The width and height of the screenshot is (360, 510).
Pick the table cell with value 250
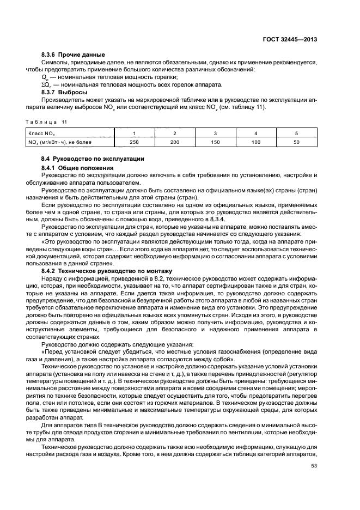pos(134,142)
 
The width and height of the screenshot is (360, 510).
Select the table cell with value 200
pos(175,142)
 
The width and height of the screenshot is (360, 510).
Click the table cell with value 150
pos(215,142)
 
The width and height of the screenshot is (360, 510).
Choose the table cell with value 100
pos(256,142)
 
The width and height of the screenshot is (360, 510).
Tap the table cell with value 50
pos(296,142)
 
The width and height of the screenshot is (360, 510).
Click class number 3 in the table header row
pos(215,133)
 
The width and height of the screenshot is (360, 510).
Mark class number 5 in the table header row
pos(296,133)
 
